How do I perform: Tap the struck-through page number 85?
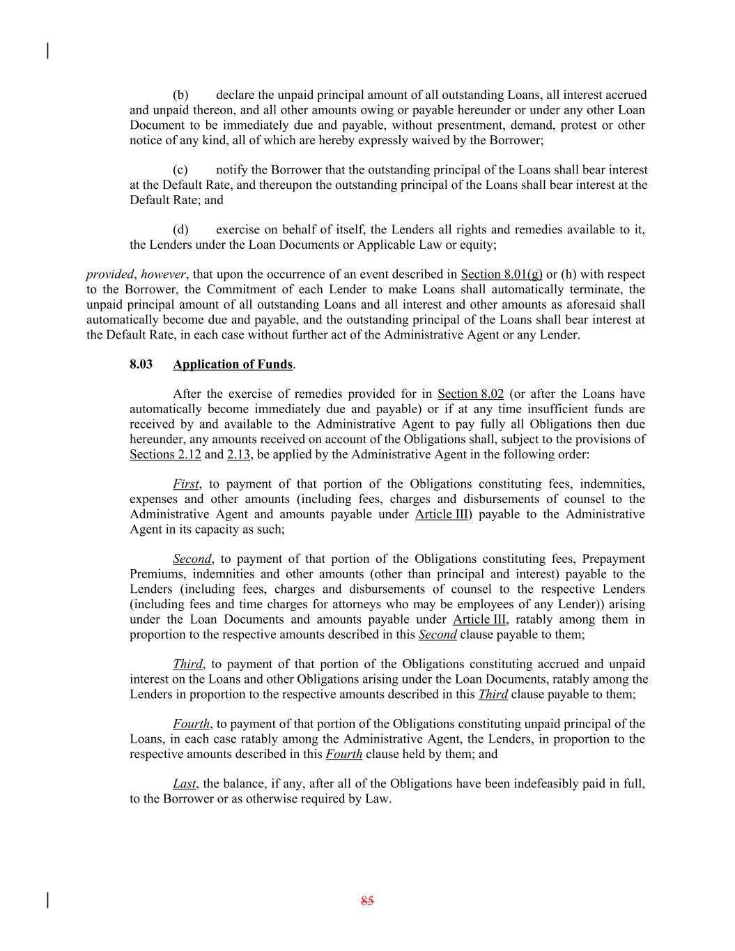pyautogui.click(x=367, y=900)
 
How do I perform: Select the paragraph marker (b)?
pyautogui.click(x=180, y=95)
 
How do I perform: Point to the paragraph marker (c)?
pyautogui.click(x=180, y=170)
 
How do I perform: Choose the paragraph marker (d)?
pyautogui.click(x=180, y=230)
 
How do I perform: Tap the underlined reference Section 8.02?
pyautogui.click(x=470, y=394)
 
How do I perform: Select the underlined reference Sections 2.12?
pyautogui.click(x=165, y=455)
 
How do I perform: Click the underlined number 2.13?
pyautogui.click(x=238, y=455)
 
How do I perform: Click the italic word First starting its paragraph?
pyautogui.click(x=185, y=484)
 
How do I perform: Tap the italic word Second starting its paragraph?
pyautogui.click(x=192, y=559)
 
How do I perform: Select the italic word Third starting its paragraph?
pyautogui.click(x=187, y=664)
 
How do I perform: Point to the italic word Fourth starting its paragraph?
pyautogui.click(x=191, y=724)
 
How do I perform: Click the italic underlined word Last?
pyautogui.click(x=184, y=784)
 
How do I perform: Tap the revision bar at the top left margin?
pyautogui.click(x=47, y=51)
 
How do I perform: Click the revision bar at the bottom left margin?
pyautogui.click(x=47, y=900)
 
